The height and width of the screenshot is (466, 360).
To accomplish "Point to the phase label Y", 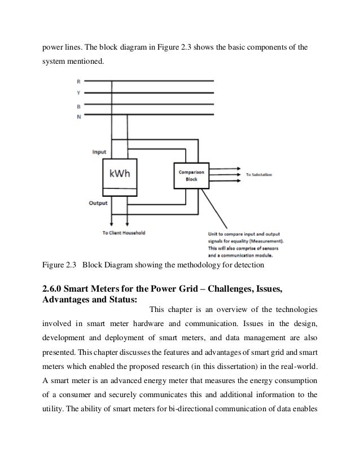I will (78, 93).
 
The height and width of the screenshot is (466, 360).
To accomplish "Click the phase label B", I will (78, 105).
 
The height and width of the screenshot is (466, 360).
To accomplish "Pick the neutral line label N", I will (78, 116).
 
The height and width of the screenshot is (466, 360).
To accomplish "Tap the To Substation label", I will (258, 175).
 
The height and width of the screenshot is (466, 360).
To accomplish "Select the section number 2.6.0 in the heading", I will (55, 289).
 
